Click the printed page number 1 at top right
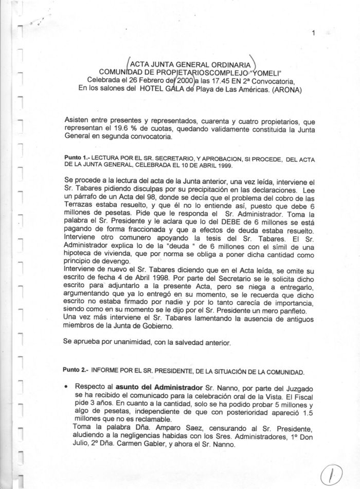(x=313, y=34)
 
